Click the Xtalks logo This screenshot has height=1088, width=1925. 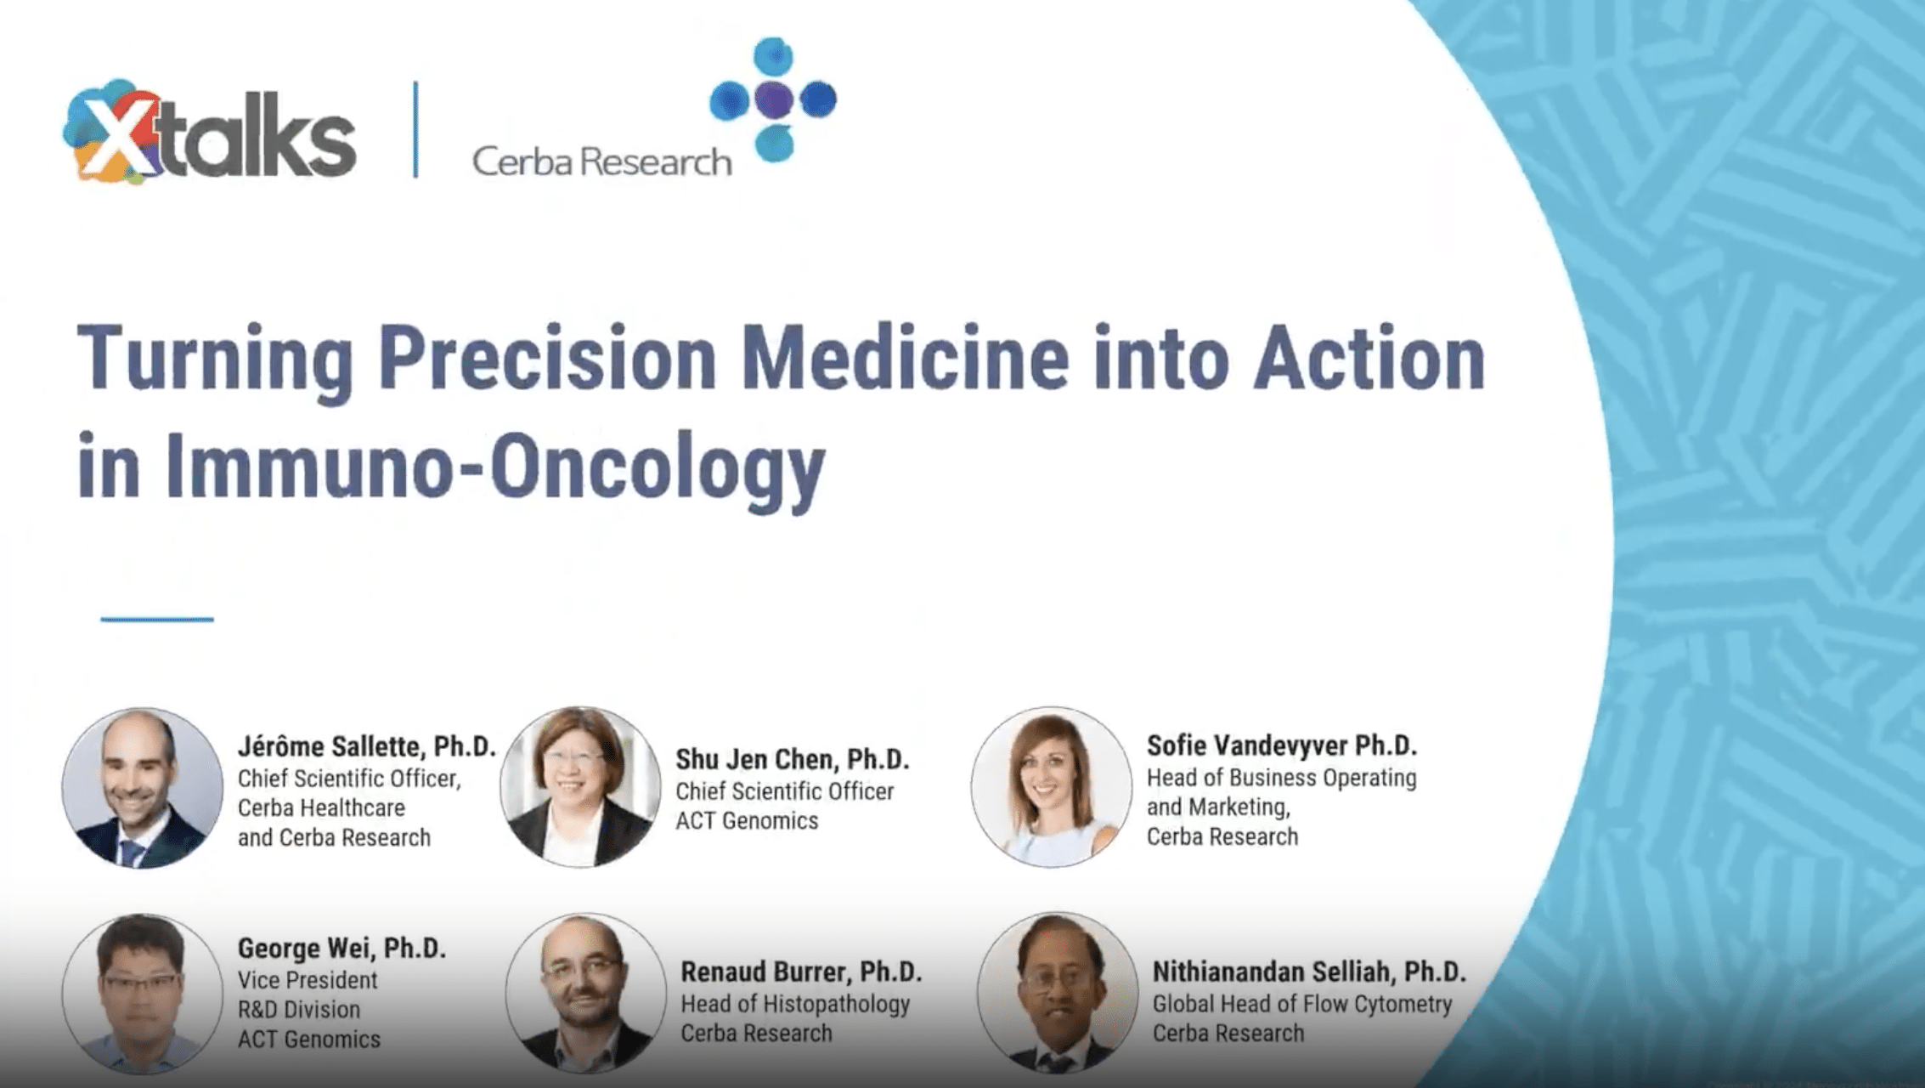click(x=209, y=133)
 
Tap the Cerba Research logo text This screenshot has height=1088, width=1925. click(x=601, y=161)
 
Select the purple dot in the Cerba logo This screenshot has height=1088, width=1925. click(x=773, y=99)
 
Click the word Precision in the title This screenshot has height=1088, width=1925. click(x=547, y=359)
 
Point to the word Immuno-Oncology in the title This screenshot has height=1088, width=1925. click(x=494, y=466)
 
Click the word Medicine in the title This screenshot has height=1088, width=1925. click(x=905, y=358)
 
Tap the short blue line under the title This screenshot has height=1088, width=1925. click(x=157, y=620)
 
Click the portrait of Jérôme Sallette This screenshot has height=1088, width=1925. click(x=142, y=788)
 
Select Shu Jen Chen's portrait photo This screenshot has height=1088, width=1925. click(x=580, y=787)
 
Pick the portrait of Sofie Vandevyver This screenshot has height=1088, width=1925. click(x=1052, y=787)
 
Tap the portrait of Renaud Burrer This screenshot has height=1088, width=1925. click(x=586, y=993)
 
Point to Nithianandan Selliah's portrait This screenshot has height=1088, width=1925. click(x=1058, y=993)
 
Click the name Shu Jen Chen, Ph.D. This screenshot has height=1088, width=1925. click(x=793, y=759)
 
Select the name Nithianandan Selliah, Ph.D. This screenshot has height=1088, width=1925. click(x=1309, y=972)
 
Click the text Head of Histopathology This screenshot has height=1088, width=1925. click(x=795, y=1004)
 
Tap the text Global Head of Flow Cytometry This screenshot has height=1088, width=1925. click(x=1302, y=1004)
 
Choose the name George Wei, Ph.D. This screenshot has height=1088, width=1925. click(x=342, y=949)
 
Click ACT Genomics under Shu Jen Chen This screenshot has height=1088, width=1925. click(x=747, y=821)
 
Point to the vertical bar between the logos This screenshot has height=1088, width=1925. click(x=415, y=130)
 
